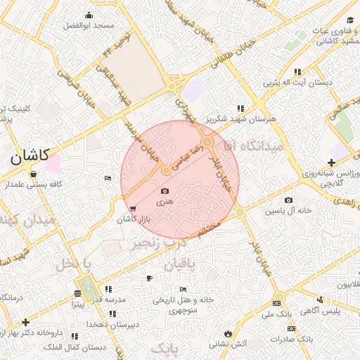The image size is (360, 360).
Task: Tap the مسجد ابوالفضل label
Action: [x=89, y=25]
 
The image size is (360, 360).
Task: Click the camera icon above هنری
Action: [x=165, y=191]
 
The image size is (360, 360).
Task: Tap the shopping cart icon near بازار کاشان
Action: [x=133, y=208]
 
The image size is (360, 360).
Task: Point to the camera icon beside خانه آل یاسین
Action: [x=288, y=200]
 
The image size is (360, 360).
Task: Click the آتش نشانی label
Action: [x=229, y=344]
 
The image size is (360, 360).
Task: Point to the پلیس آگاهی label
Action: [x=326, y=310]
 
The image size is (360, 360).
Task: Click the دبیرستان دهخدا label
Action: [x=109, y=325]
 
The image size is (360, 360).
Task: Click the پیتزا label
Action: [x=77, y=305]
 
